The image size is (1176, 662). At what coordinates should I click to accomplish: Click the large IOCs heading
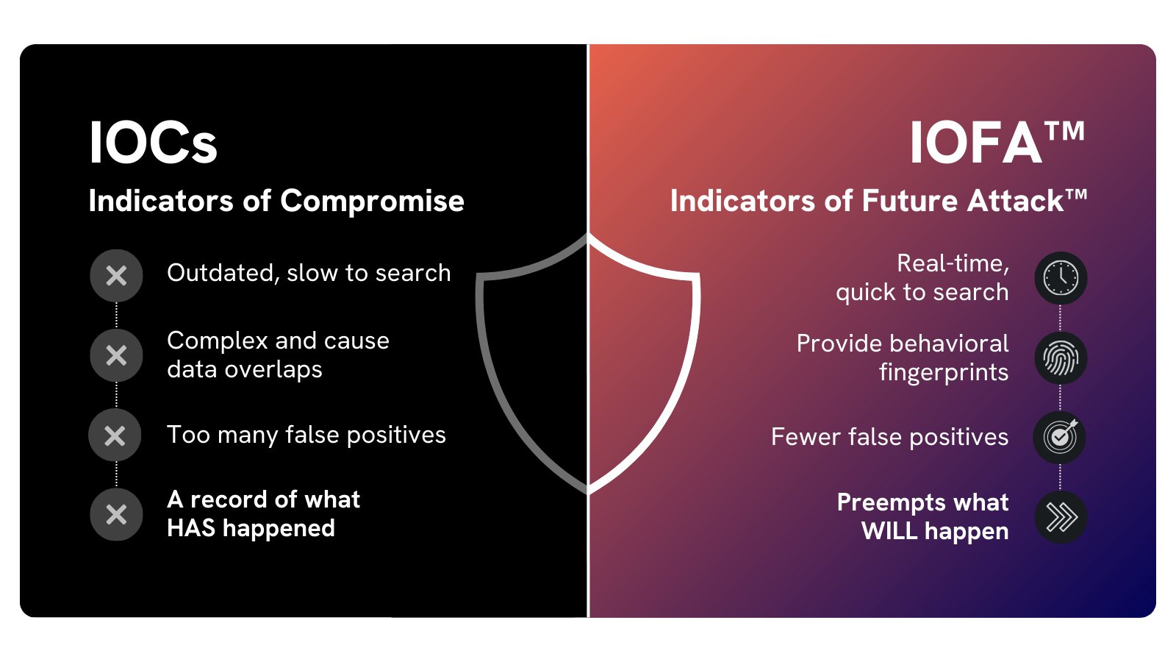click(x=153, y=143)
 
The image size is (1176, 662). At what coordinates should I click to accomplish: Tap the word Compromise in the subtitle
click(x=372, y=202)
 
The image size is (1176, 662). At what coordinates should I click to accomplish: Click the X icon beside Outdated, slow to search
click(x=116, y=275)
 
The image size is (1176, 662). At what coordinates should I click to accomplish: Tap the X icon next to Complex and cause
click(x=116, y=355)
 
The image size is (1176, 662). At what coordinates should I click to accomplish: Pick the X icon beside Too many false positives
click(x=115, y=435)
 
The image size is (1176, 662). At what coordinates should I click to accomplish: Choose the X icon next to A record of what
click(x=116, y=515)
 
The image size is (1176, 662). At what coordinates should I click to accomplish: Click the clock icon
click(x=1061, y=278)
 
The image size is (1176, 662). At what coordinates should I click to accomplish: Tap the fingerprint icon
click(x=1061, y=358)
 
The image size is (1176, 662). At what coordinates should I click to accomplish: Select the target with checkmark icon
click(x=1059, y=438)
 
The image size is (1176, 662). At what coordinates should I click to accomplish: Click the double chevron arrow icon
click(x=1061, y=518)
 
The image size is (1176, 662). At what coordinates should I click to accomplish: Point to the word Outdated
click(x=223, y=274)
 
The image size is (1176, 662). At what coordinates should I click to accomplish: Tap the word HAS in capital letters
click(x=191, y=528)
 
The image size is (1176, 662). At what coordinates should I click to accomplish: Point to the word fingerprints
click(x=944, y=373)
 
